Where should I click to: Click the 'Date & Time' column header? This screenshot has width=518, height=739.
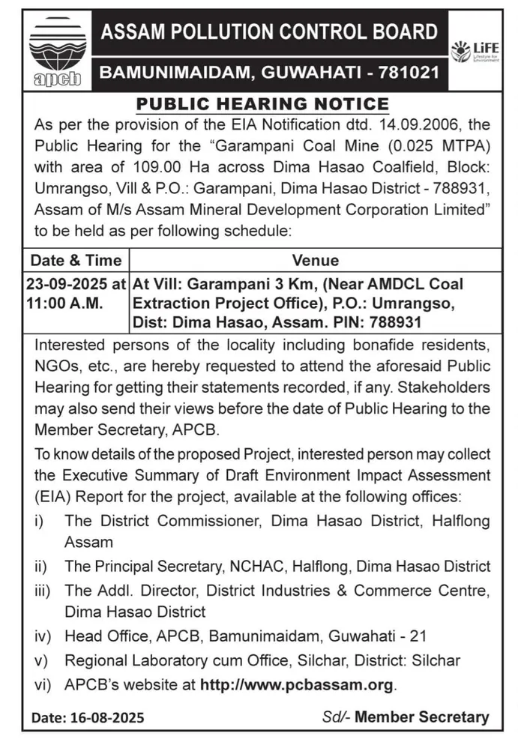click(x=75, y=261)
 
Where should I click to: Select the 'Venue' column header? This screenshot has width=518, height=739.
click(x=316, y=261)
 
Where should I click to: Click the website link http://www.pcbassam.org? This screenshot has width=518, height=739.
click(x=296, y=684)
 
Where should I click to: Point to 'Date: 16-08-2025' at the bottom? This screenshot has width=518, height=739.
click(x=88, y=717)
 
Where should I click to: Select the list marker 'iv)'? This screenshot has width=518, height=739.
click(x=42, y=636)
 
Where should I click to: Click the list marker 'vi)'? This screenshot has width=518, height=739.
click(x=42, y=684)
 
